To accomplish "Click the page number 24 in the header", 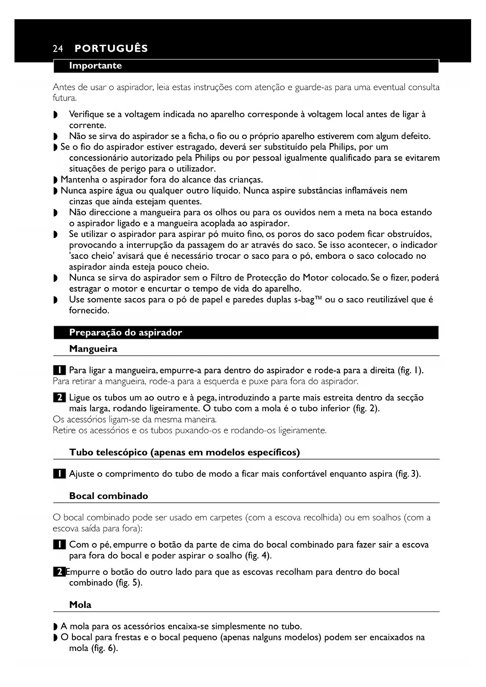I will pyautogui.click(x=58, y=49).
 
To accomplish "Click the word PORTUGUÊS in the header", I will pyautogui.click(x=111, y=49).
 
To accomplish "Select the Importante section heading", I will pyautogui.click(x=95, y=66).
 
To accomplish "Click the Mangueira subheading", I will pyautogui.click(x=93, y=349).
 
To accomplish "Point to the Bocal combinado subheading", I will pyautogui.click(x=108, y=496).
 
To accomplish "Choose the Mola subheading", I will pyautogui.click(x=80, y=605).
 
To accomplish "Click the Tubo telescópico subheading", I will pyautogui.click(x=184, y=453).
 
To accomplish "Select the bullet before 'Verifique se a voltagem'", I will pyautogui.click(x=55, y=115).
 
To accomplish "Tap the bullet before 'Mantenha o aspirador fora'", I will pyautogui.click(x=55, y=180).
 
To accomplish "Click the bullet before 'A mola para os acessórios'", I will pyautogui.click(x=55, y=627).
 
